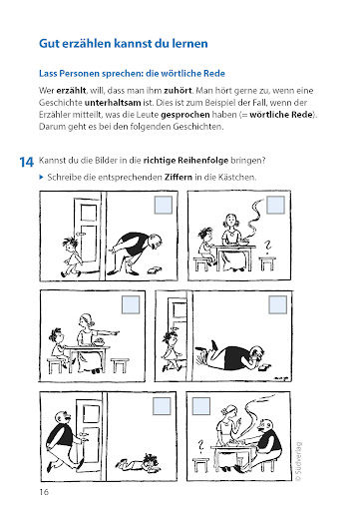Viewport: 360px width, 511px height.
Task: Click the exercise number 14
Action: point(27,162)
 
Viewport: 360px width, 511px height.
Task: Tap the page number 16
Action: point(44,492)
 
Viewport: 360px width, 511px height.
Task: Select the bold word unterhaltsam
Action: point(113,103)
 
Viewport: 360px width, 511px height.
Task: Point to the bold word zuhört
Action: point(178,91)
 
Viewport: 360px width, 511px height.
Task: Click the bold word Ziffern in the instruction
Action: point(179,177)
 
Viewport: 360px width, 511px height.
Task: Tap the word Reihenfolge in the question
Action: point(203,161)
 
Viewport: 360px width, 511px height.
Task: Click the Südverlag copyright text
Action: point(298,461)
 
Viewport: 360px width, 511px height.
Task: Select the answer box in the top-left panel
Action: point(164,205)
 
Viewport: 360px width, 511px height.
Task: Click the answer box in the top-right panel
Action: point(276,205)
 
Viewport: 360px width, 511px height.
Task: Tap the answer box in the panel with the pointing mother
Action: point(131,304)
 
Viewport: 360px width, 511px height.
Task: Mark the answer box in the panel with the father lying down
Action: point(277,304)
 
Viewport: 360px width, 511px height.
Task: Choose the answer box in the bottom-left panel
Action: point(162,406)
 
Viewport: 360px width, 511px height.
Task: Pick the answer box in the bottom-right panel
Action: point(201,406)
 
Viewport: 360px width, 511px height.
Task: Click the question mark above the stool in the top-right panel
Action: point(267,247)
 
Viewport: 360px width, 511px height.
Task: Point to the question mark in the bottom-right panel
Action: point(200,447)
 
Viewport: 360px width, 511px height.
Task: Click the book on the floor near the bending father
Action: point(154,269)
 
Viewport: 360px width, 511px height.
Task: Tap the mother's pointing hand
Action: point(115,332)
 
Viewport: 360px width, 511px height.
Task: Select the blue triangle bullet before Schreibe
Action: point(41,177)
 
